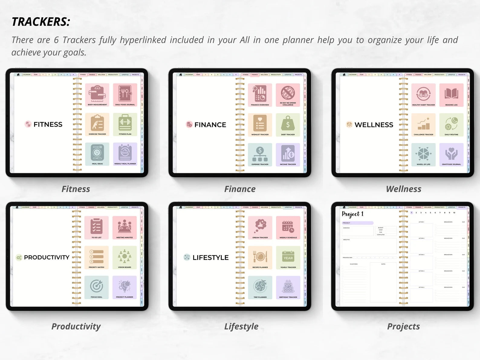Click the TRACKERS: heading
(41, 22)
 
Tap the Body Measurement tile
(97, 95)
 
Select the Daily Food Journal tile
(125, 95)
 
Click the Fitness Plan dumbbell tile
(125, 124)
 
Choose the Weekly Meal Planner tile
(125, 154)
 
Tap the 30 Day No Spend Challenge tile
(288, 95)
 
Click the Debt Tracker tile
(288, 125)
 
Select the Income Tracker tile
(288, 154)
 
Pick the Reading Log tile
(451, 95)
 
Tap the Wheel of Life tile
(423, 154)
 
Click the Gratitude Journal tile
(451, 154)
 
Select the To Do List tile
(96, 227)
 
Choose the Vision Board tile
(125, 257)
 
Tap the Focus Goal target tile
(96, 287)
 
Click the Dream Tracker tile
(260, 227)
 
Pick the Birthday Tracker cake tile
(288, 287)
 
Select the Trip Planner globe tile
(260, 287)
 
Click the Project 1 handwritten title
(352, 214)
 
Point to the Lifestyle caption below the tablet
(241, 326)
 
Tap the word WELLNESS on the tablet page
(374, 125)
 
